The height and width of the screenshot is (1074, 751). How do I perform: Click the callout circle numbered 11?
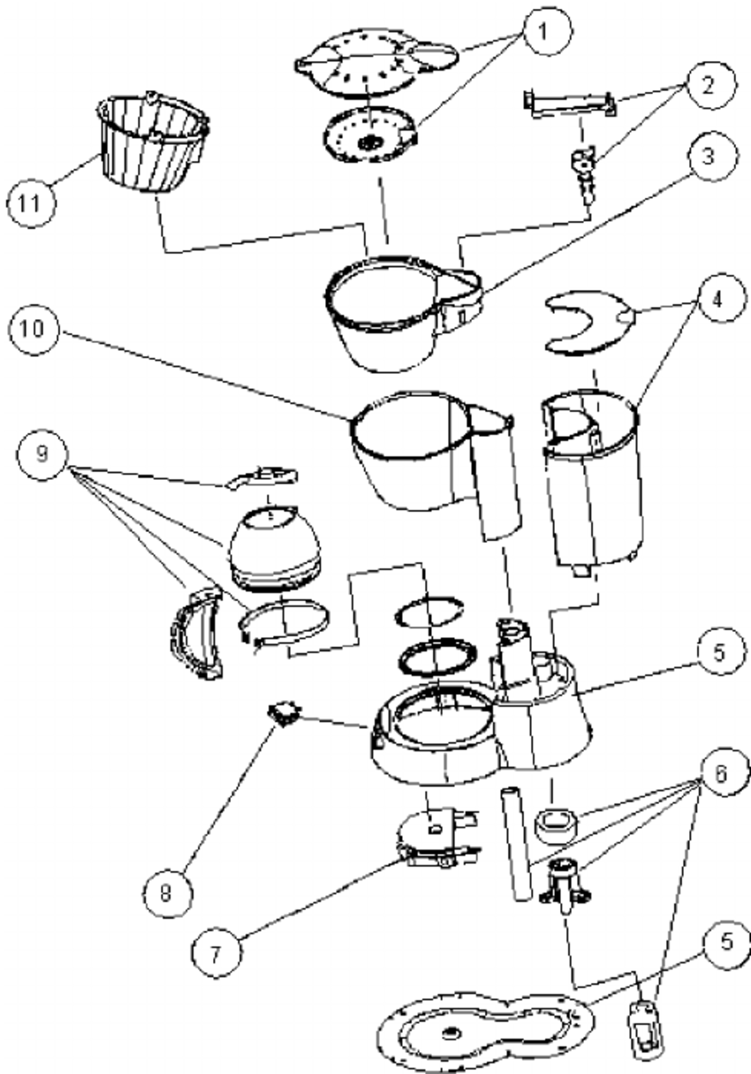(28, 204)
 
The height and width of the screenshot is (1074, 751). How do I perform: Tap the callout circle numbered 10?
(27, 335)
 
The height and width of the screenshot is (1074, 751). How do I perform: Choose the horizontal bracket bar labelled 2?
(570, 103)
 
